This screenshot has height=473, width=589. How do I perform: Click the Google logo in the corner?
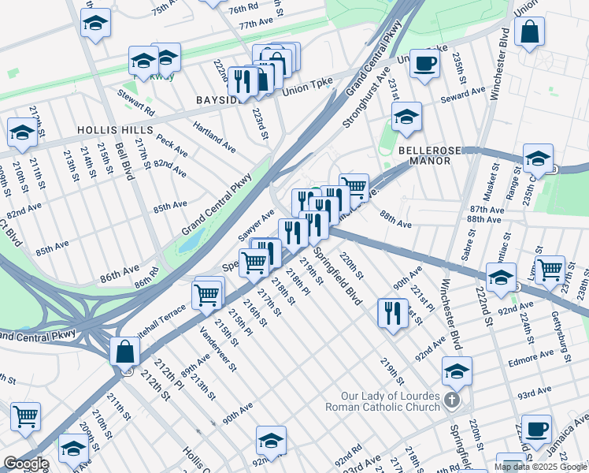click(x=25, y=464)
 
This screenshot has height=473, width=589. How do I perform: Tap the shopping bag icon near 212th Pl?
click(x=125, y=352)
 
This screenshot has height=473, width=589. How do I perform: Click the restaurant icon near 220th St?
click(x=391, y=312)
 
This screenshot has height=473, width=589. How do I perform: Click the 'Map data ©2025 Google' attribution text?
click(x=539, y=467)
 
